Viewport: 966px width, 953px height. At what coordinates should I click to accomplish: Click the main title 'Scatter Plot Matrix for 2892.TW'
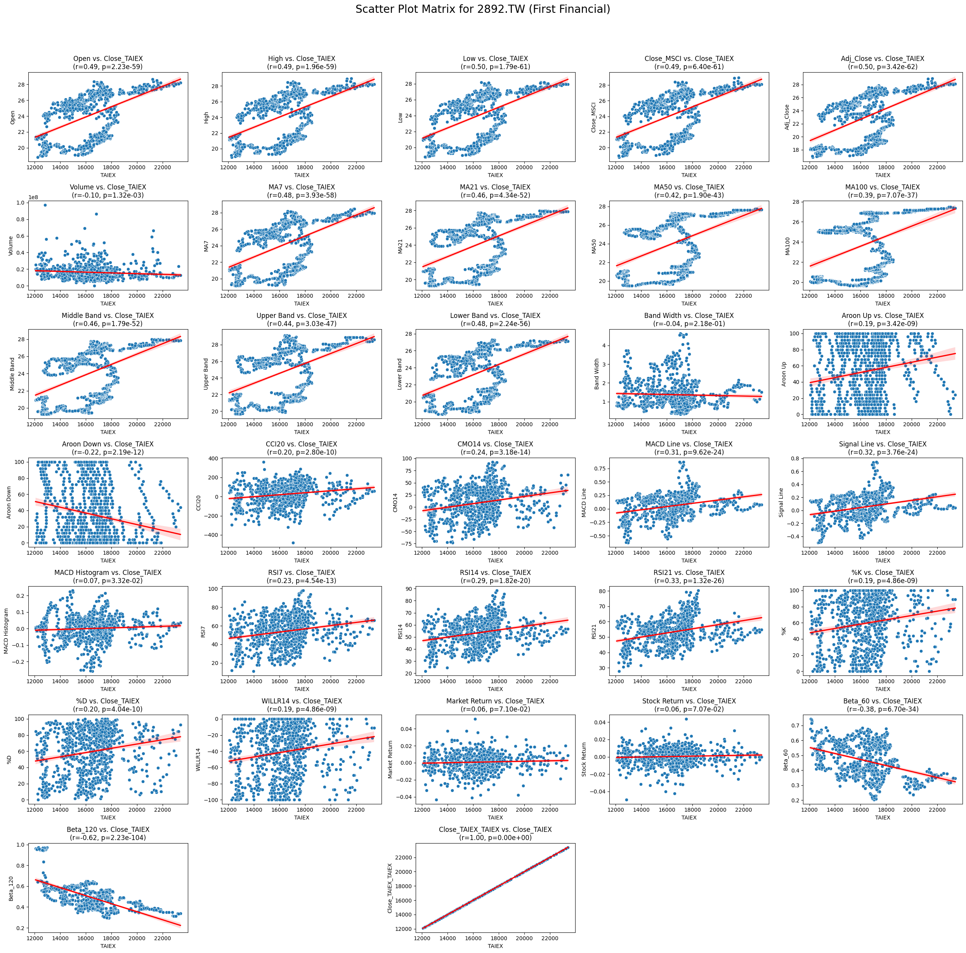click(482, 9)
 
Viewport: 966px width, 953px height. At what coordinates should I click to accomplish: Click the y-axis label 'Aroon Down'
click(9, 502)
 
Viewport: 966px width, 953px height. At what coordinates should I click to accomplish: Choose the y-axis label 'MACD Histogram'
click(7, 631)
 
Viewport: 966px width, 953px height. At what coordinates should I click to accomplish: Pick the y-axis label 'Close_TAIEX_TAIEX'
click(390, 888)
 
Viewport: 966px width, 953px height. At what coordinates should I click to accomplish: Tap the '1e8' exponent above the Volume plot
click(35, 197)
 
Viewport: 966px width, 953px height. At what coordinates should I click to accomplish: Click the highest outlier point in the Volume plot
click(45, 205)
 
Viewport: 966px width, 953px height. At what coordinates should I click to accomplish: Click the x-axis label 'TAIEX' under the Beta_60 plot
click(882, 818)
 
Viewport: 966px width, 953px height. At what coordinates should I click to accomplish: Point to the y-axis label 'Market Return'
click(390, 760)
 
